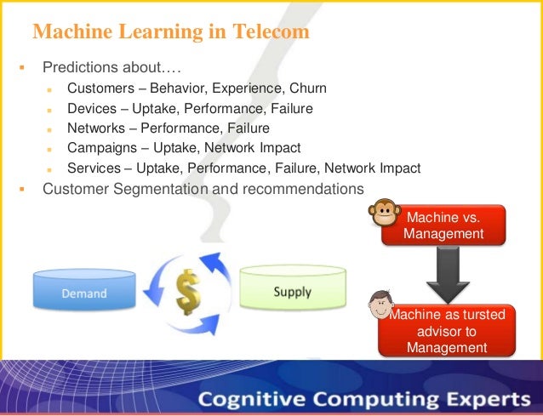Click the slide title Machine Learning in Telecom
[x=170, y=32]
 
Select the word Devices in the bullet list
[x=92, y=108]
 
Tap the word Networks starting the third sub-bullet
[x=97, y=128]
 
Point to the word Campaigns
[x=103, y=148]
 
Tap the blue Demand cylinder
[x=83, y=289]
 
